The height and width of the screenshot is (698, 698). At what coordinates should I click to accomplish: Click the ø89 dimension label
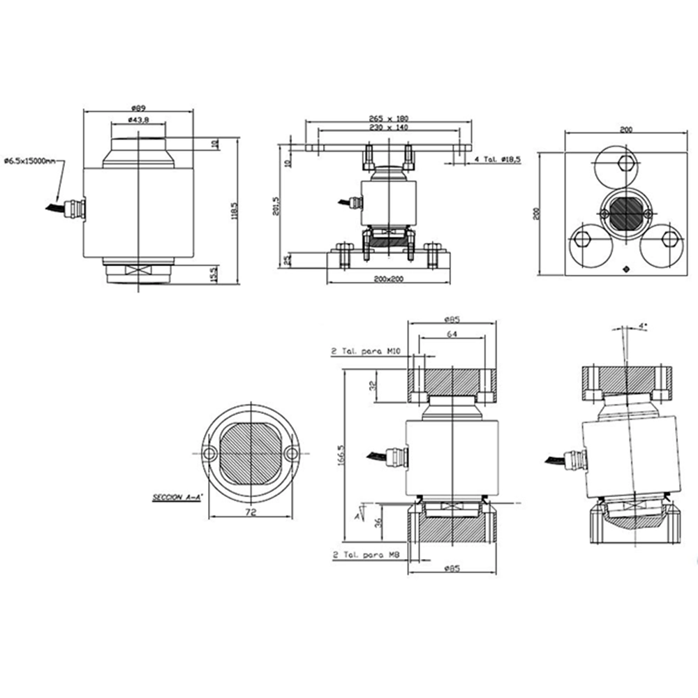138,108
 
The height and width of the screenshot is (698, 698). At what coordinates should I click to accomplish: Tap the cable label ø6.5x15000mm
29,161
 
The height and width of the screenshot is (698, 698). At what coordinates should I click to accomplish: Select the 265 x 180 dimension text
388,118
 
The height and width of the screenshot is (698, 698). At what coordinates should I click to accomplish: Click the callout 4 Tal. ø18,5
498,160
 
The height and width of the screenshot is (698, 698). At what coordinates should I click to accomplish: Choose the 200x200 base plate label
388,279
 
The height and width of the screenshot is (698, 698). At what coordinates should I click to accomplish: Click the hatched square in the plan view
626,213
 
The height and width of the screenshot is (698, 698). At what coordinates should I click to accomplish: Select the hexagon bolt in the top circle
626,163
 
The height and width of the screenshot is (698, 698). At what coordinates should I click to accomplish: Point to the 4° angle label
643,326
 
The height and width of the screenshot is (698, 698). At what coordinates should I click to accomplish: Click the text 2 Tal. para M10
364,353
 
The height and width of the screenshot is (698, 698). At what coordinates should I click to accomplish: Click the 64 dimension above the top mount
452,334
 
